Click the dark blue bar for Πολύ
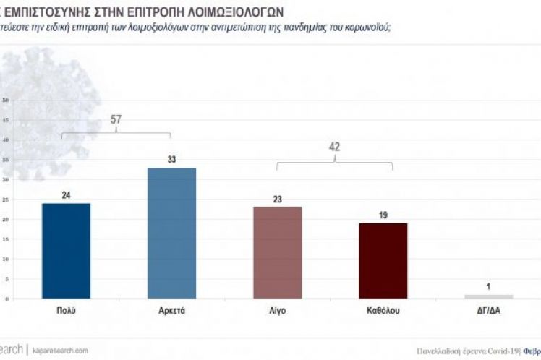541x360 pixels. click(x=67, y=250)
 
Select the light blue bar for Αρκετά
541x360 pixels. click(x=171, y=233)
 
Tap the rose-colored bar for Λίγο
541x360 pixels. click(x=277, y=252)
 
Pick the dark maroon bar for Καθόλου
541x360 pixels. click(x=383, y=260)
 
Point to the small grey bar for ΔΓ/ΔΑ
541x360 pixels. click(x=488, y=296)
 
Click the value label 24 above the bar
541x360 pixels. click(x=67, y=196)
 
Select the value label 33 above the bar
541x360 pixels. click(x=171, y=160)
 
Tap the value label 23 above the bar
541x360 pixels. click(x=277, y=200)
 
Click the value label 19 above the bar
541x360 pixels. click(x=383, y=215)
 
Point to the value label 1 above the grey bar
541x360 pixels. click(x=488, y=286)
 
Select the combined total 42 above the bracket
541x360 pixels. click(x=334, y=147)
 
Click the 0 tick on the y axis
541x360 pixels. click(x=7, y=298)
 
